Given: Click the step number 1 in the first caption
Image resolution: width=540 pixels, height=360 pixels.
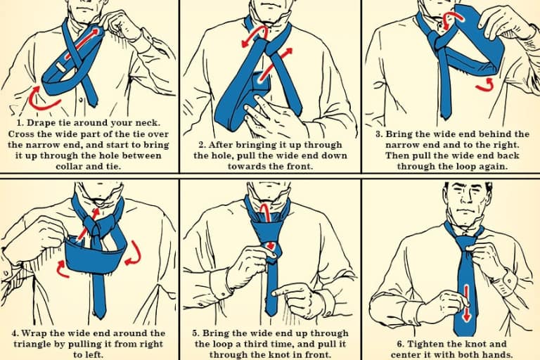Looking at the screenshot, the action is [20, 123].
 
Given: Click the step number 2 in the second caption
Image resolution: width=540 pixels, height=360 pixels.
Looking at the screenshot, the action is [202, 145].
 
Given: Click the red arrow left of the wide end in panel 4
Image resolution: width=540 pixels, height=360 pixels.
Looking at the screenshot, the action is [63, 269].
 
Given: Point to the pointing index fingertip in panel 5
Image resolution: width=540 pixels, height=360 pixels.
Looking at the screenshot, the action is [275, 293].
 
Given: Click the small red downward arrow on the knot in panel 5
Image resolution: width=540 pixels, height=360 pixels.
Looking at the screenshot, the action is [271, 245].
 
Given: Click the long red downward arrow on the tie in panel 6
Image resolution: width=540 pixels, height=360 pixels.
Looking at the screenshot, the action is [466, 302].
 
